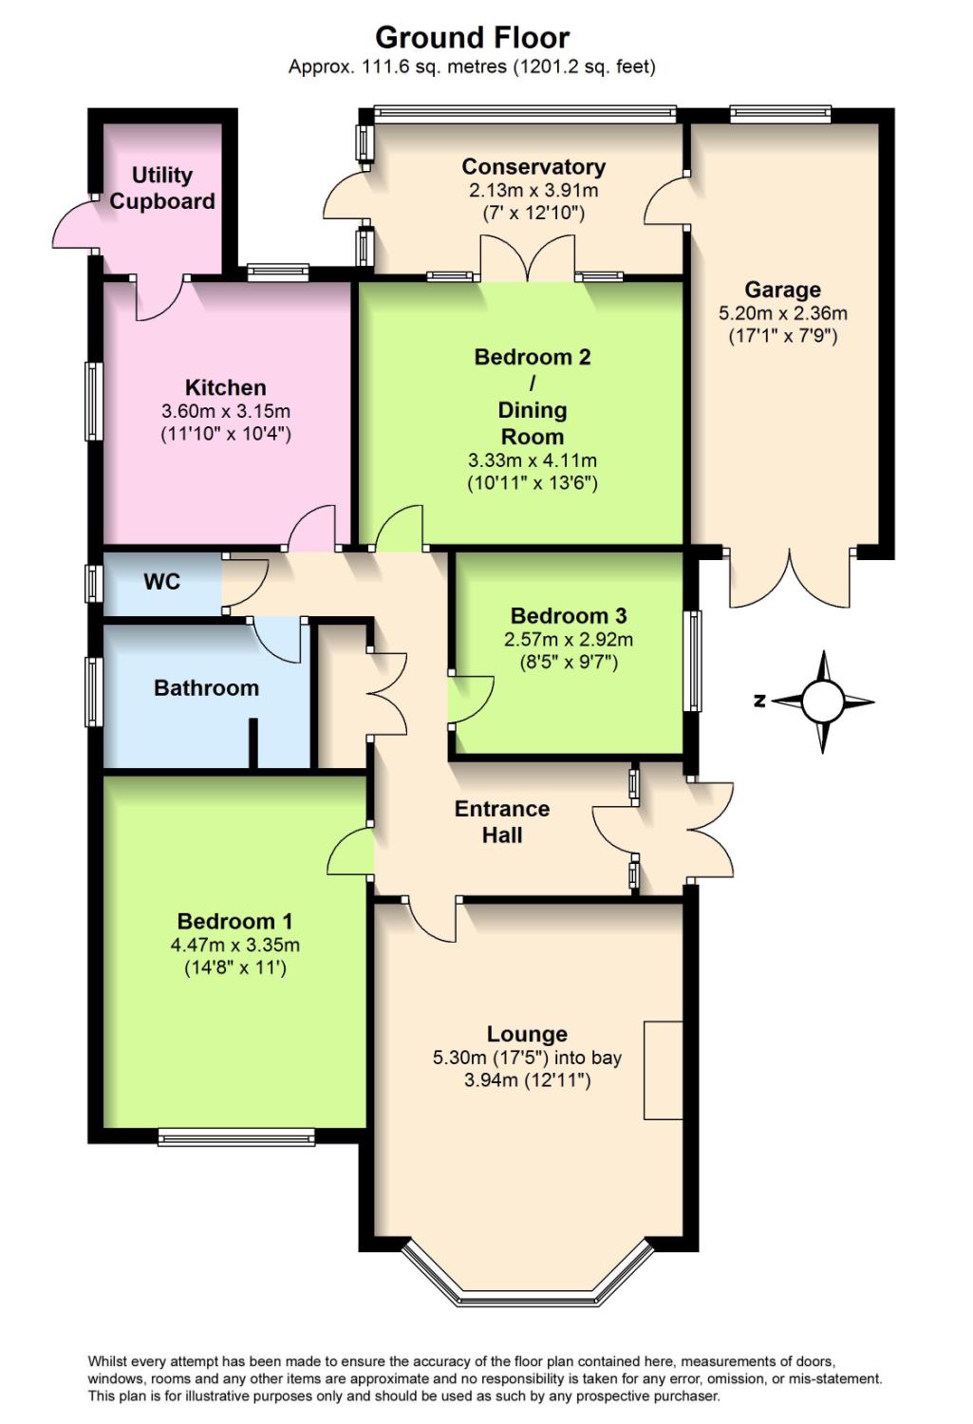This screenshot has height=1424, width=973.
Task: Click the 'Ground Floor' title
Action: [472, 38]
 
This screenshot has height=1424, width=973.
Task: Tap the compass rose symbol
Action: [822, 702]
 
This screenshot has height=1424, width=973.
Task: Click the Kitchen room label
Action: [226, 387]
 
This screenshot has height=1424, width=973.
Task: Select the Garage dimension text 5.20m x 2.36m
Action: [783, 312]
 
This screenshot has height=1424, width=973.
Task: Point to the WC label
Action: [162, 581]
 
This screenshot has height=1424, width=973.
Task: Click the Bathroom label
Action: [207, 688]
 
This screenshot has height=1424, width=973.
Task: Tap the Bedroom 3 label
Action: [569, 615]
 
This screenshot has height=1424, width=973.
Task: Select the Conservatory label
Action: [533, 166]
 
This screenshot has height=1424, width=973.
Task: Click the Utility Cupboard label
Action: [162, 188]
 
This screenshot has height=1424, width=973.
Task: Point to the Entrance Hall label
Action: [502, 821]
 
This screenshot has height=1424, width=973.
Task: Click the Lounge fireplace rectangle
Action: [664, 1070]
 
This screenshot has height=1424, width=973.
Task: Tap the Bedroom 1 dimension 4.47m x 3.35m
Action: [235, 945]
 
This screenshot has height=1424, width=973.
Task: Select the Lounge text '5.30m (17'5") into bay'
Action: [528, 1058]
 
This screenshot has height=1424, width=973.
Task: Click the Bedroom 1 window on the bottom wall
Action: [236, 1137]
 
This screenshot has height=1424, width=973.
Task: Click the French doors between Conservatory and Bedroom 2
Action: [528, 258]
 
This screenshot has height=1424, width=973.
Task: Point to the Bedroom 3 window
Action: [693, 661]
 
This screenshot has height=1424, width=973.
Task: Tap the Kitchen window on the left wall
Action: [94, 401]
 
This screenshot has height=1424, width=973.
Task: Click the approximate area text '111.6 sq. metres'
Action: [434, 66]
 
